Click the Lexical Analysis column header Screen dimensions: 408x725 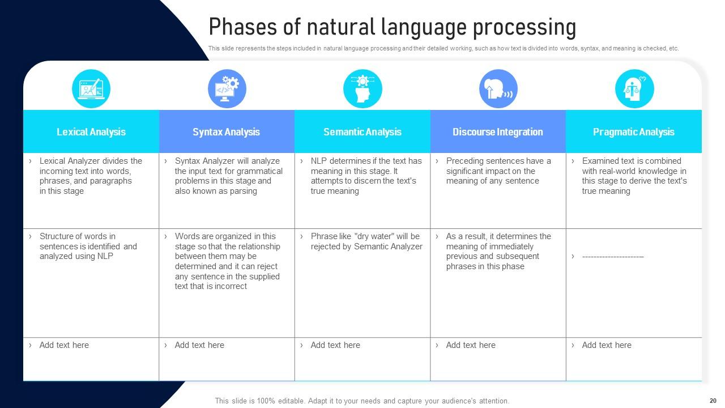(91, 132)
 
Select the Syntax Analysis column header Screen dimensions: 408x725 (226, 132)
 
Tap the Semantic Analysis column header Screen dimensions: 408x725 (362, 132)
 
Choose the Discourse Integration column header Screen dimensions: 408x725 (497, 132)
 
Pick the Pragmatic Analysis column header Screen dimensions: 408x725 (633, 132)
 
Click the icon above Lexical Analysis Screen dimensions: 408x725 (91, 89)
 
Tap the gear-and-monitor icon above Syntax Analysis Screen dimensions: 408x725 (227, 89)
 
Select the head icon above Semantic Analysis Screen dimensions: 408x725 (362, 89)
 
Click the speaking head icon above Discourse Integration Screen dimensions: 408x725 (498, 89)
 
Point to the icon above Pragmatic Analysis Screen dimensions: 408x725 (634, 89)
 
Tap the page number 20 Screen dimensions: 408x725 (713, 401)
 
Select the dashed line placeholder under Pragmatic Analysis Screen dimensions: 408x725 (613, 257)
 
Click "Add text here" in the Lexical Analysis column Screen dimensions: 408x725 (64, 345)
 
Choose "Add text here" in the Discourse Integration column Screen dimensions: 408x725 (471, 345)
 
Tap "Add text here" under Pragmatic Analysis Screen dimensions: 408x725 (607, 345)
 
